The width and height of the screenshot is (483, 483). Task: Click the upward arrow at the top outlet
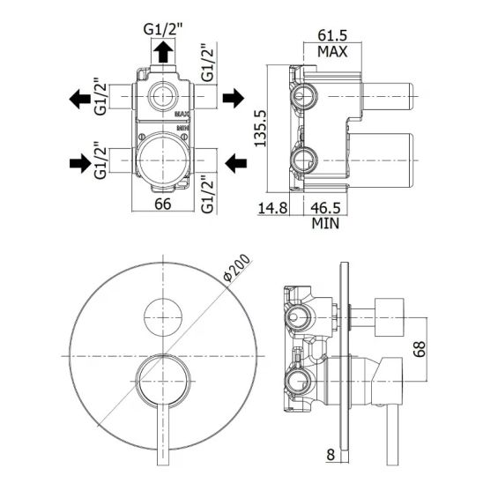(x=163, y=52)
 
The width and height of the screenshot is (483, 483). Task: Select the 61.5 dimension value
(x=332, y=35)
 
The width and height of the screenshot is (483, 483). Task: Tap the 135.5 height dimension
(x=260, y=129)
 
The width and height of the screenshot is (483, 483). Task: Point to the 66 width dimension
(x=163, y=204)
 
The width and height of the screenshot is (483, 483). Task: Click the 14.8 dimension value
(x=272, y=208)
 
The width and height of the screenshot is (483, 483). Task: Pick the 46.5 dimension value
(x=325, y=208)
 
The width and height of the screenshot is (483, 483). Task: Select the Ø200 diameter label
(x=236, y=267)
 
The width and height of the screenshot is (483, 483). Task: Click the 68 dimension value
(x=420, y=349)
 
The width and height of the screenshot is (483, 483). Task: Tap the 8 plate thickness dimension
(x=331, y=455)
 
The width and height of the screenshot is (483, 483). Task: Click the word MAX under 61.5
(x=332, y=51)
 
